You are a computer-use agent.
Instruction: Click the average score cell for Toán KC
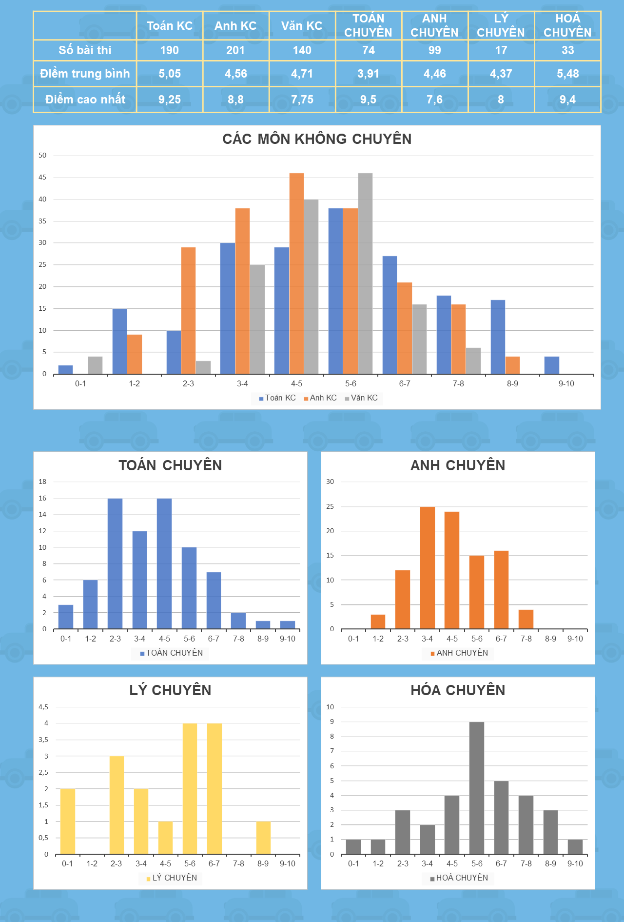170,74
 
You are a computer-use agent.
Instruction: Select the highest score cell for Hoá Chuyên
567,100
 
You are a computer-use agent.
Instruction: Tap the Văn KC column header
302,26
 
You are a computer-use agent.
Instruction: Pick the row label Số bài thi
85,50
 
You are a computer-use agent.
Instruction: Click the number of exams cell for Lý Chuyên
501,50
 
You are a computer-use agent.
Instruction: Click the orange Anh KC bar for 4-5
296,274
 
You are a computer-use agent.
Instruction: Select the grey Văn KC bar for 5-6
365,274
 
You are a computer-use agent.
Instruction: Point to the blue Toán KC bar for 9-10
552,365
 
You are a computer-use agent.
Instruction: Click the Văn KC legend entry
361,398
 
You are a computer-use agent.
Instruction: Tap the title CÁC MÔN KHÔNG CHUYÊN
317,139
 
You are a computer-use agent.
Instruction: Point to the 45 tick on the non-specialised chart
43,178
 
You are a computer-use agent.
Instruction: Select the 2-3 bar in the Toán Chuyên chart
115,563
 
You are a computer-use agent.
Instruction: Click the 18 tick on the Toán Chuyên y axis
43,482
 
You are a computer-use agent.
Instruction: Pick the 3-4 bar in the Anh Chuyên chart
428,568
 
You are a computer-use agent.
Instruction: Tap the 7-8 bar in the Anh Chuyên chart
526,619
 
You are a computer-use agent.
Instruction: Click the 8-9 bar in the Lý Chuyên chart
263,838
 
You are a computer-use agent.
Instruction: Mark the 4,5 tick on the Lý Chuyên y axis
43,707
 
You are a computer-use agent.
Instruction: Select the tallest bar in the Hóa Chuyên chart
477,788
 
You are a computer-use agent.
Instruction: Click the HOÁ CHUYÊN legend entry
459,878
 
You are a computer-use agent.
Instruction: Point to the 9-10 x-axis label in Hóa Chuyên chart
575,864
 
